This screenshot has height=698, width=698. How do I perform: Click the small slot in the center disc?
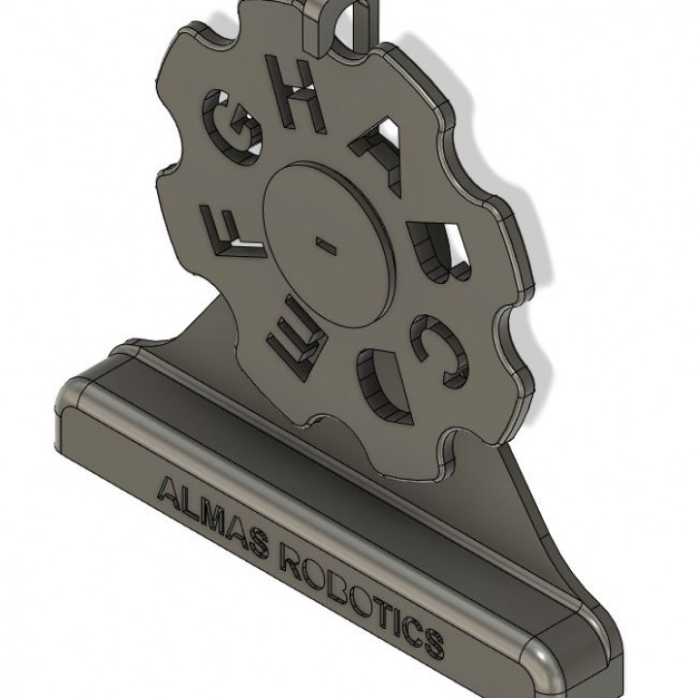(x=328, y=243)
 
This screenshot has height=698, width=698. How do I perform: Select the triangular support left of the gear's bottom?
(x=208, y=334)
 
